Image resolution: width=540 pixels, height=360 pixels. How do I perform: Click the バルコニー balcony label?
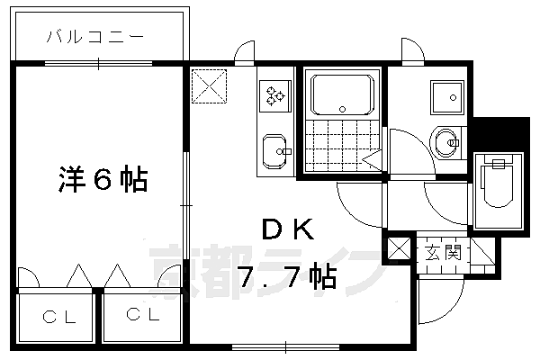click(x=95, y=37)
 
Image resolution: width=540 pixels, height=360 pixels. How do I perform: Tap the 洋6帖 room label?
click(x=103, y=179)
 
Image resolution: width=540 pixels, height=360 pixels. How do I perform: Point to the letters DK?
click(x=288, y=229)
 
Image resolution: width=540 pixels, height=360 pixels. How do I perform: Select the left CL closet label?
click(x=59, y=317)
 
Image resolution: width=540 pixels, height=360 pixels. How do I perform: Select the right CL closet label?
click(x=143, y=314)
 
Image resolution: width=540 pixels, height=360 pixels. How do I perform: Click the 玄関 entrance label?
click(x=443, y=253)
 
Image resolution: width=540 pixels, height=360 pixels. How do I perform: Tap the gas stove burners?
click(x=275, y=95)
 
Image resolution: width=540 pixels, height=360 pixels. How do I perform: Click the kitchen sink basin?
click(x=274, y=151)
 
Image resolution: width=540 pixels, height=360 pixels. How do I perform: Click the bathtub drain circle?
click(x=342, y=109)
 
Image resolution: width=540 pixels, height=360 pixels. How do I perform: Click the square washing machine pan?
click(x=447, y=97)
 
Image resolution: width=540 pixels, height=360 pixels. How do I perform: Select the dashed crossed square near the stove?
click(x=209, y=86)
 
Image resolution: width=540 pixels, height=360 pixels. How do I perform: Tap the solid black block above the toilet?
click(x=501, y=134)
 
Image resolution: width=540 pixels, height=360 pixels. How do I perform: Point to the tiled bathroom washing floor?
click(x=343, y=146)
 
